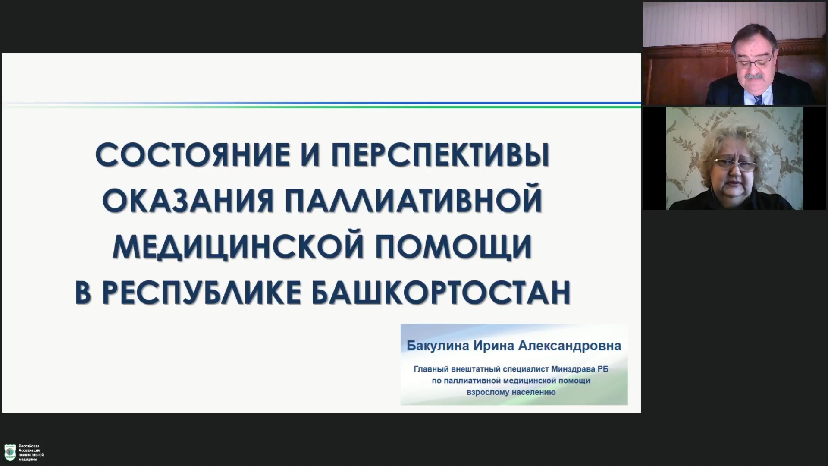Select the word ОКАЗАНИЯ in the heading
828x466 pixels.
click(188, 200)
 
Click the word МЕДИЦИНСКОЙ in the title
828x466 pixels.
click(232, 246)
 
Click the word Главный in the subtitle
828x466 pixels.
click(430, 369)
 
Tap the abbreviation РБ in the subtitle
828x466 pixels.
click(603, 369)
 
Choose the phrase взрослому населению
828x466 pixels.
click(511, 393)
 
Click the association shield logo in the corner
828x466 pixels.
click(10, 453)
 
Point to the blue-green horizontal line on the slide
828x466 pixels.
click(321, 104)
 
